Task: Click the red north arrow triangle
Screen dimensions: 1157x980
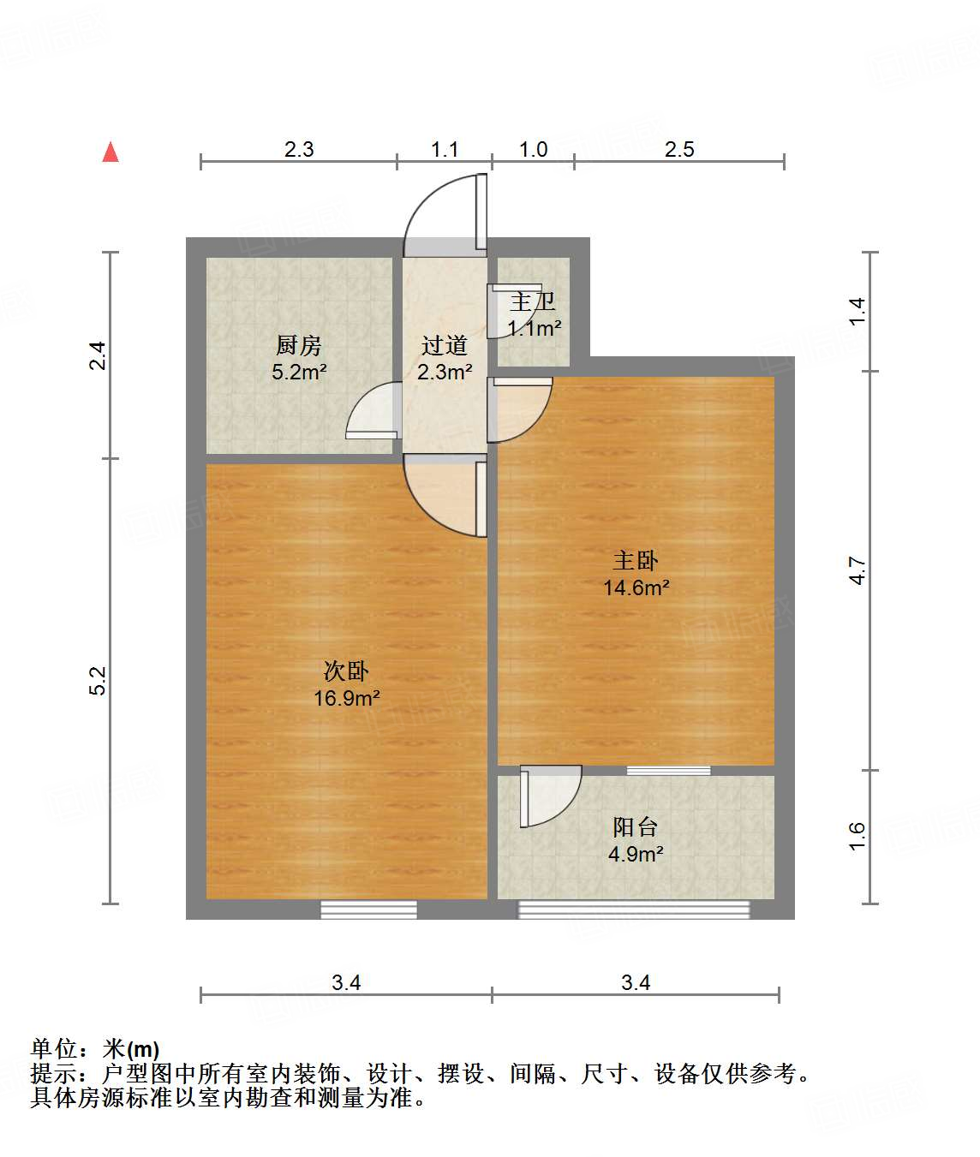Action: (111, 152)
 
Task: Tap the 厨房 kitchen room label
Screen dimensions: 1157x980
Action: (298, 345)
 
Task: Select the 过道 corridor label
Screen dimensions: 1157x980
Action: (444, 345)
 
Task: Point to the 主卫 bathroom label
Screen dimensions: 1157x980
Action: (533, 301)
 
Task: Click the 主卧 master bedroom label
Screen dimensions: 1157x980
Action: (636, 561)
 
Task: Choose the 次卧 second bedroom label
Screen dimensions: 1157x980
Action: (346, 671)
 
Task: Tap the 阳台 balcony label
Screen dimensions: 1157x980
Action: (636, 826)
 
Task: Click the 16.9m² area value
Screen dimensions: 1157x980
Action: (346, 698)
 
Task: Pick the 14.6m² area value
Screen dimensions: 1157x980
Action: (636, 588)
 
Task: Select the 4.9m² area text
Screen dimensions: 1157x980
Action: (636, 854)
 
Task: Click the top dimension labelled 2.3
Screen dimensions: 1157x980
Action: (299, 149)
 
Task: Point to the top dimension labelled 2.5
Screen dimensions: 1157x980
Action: (679, 149)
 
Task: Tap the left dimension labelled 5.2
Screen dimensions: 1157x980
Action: (98, 681)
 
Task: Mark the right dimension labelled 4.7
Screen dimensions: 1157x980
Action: (857, 570)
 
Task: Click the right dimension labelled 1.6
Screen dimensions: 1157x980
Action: (857, 836)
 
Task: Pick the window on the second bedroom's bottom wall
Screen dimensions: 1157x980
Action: (368, 909)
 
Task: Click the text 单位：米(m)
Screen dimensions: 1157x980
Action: (95, 1048)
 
